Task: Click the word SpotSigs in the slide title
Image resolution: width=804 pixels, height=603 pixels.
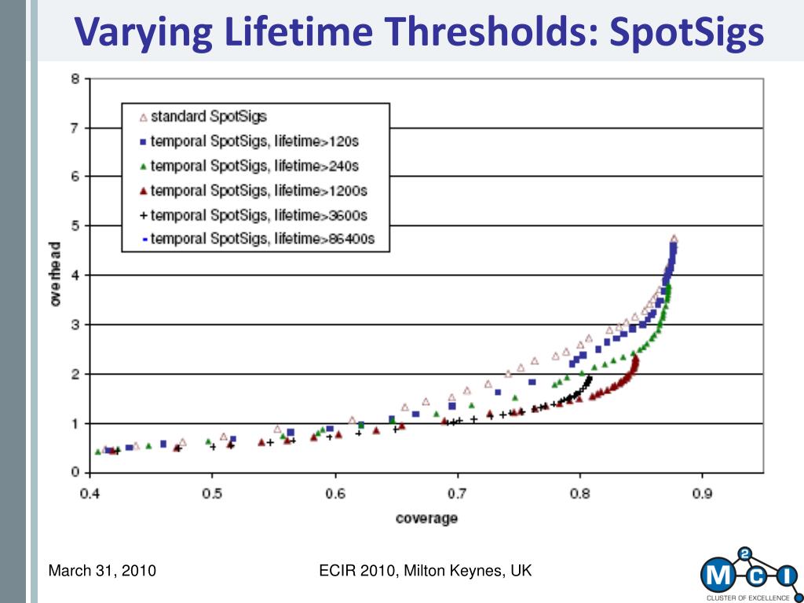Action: (686, 31)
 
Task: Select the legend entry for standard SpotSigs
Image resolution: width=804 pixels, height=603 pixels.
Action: (203, 117)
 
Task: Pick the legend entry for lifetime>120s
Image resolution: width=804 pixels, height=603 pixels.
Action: (249, 141)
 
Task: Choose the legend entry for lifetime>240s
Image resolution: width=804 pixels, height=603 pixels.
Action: (249, 166)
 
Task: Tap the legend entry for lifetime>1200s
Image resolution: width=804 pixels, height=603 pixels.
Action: (254, 191)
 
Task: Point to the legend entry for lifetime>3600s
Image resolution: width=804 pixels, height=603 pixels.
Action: (254, 215)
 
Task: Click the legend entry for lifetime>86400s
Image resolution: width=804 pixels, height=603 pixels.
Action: (258, 239)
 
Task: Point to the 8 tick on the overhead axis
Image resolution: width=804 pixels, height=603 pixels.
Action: (76, 79)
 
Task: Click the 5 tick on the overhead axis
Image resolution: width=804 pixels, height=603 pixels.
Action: (76, 226)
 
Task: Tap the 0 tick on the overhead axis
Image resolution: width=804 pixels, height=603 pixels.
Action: (76, 472)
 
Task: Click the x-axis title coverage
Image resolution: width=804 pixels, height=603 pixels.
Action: (426, 518)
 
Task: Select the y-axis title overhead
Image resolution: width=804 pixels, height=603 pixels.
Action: (56, 274)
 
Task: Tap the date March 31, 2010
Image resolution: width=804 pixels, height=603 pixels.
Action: (102, 571)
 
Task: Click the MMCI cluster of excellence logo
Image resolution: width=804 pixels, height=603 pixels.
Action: (750, 574)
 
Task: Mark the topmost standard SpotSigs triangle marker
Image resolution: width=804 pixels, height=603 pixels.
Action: (674, 239)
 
